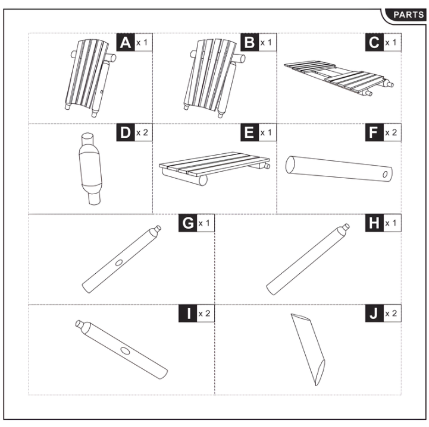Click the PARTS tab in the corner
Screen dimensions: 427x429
coord(408,14)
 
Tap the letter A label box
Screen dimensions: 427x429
coord(126,43)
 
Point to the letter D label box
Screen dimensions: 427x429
coord(126,132)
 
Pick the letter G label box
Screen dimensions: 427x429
coord(188,223)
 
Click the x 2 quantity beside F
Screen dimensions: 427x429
coord(392,133)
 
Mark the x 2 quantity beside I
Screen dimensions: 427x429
coord(205,313)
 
